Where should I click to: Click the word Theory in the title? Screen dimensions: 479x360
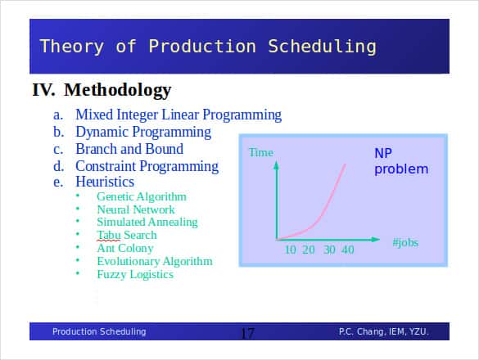click(x=72, y=47)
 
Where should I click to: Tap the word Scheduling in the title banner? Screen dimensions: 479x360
click(x=322, y=47)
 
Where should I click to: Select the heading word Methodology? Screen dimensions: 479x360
click(x=118, y=90)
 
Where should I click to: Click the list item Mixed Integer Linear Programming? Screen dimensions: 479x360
click(x=178, y=115)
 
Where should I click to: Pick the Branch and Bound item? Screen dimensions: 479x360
click(x=129, y=149)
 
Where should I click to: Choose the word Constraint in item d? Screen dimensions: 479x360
click(x=106, y=166)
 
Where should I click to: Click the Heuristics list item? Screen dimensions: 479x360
click(x=105, y=182)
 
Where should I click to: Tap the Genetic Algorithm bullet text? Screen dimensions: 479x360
click(x=142, y=196)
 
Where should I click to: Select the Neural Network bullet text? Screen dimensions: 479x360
click(x=136, y=209)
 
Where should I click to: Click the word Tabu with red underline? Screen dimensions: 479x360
click(x=108, y=235)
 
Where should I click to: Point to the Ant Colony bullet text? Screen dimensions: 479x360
click(x=125, y=248)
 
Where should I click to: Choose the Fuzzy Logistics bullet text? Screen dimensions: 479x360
click(x=135, y=274)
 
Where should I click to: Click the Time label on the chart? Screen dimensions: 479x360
click(x=261, y=152)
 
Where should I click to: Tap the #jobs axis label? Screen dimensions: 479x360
click(x=405, y=242)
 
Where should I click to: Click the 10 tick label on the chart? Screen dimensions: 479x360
click(x=290, y=250)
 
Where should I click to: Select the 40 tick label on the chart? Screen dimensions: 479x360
click(x=348, y=250)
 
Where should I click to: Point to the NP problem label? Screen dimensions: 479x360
click(x=401, y=161)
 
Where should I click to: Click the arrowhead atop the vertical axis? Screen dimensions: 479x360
click(x=276, y=165)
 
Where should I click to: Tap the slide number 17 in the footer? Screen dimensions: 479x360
click(x=247, y=333)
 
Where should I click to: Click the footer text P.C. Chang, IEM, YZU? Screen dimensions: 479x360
click(x=384, y=331)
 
